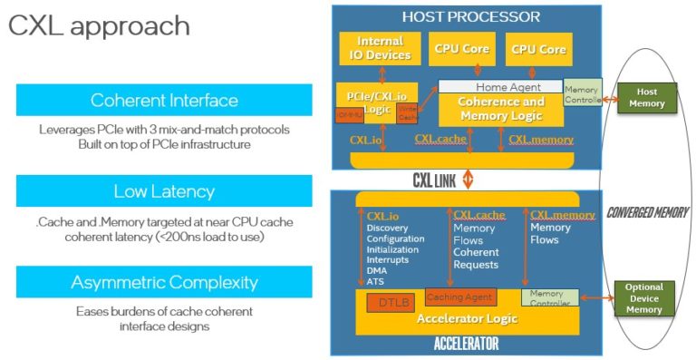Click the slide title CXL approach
pyautogui.click(x=99, y=25)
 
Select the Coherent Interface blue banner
pyautogui.click(x=164, y=100)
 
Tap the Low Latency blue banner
pyautogui.click(x=164, y=191)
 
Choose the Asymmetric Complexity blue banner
pyautogui.click(x=164, y=282)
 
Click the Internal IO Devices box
pyautogui.click(x=380, y=48)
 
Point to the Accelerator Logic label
pyautogui.click(x=467, y=318)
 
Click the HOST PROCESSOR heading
pyautogui.click(x=470, y=16)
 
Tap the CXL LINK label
pyautogui.click(x=434, y=180)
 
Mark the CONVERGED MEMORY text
pyautogui.click(x=648, y=212)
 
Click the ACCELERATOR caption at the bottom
pyautogui.click(x=467, y=344)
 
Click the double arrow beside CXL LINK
pyautogui.click(x=469, y=180)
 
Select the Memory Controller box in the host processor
pyautogui.click(x=582, y=93)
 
